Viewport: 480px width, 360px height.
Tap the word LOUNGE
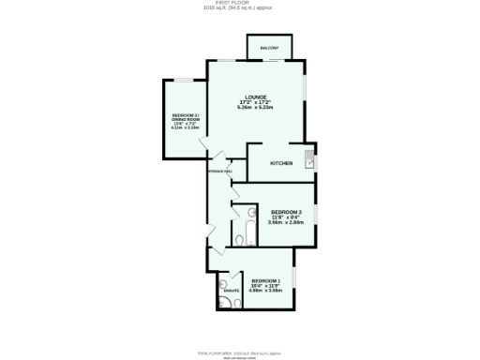256,97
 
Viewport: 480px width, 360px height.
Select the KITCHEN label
281,163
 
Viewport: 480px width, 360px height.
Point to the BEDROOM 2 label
285,212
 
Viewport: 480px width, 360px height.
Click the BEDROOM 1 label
267,281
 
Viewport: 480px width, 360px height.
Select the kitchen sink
308,160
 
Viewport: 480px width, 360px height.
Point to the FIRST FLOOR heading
241,4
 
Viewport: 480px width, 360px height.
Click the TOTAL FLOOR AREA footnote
240,351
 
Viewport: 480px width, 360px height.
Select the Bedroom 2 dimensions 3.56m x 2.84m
285,222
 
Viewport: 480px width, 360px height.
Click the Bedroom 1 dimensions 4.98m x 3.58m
267,291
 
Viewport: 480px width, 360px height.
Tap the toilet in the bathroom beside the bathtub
240,240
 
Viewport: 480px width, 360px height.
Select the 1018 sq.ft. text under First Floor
241,9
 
